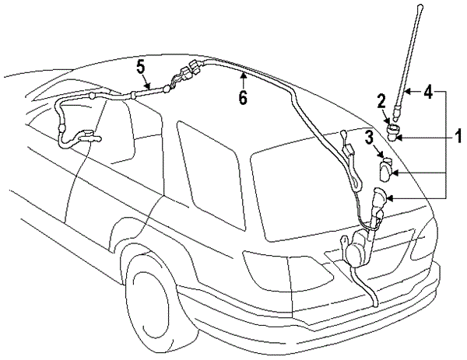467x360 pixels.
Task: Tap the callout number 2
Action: coord(381,100)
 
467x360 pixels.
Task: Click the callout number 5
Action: coord(140,67)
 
